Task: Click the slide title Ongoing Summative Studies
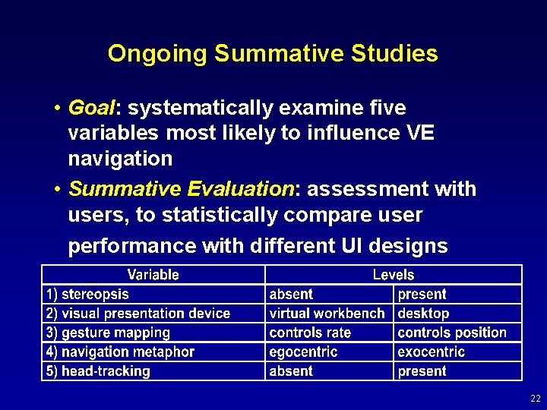[273, 53]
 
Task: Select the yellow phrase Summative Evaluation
[181, 188]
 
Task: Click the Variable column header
[153, 275]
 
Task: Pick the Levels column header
[394, 275]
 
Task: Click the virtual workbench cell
[327, 314]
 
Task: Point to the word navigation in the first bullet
[120, 159]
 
